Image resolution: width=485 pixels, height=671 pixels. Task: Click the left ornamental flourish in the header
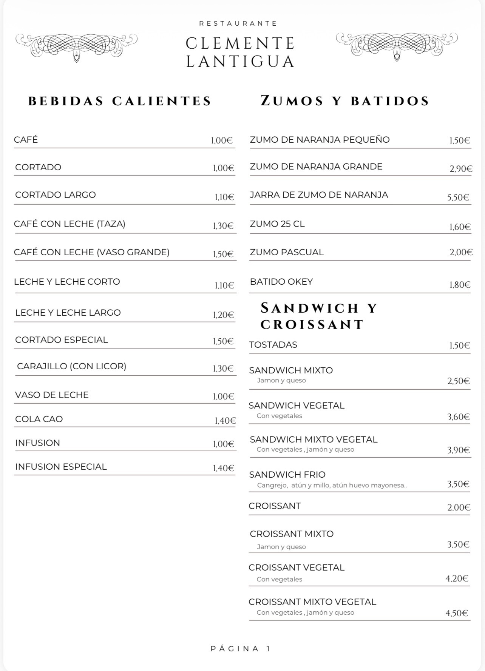[x=76, y=46]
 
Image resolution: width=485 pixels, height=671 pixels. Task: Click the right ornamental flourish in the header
[x=397, y=45]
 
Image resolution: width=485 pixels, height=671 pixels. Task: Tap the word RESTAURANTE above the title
[x=238, y=23]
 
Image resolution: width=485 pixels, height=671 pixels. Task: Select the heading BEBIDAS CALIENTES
[x=120, y=101]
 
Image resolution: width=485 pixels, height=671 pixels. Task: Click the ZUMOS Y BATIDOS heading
[x=345, y=101]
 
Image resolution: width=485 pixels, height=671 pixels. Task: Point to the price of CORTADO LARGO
[x=224, y=197]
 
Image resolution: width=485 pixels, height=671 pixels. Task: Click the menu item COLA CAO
[x=39, y=419]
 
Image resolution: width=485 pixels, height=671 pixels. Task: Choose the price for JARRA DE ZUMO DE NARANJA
[x=458, y=197]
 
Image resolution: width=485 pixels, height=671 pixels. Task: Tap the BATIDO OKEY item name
[x=281, y=282]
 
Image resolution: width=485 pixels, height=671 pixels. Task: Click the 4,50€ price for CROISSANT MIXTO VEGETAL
[x=457, y=613]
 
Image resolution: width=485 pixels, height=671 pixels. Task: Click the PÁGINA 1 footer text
[x=241, y=649]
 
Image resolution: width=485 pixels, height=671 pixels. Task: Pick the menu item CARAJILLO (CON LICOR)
[x=72, y=366]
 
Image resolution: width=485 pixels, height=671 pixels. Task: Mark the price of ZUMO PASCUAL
[x=461, y=252]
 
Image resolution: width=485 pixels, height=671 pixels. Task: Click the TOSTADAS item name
[x=273, y=345]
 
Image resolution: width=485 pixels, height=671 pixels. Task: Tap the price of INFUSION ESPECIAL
[x=223, y=468]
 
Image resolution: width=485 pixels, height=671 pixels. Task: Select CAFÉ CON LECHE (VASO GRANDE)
[x=92, y=252]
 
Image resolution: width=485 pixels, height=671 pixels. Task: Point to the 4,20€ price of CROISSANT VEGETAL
[x=457, y=578]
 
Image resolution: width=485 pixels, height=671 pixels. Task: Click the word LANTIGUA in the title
[x=241, y=62]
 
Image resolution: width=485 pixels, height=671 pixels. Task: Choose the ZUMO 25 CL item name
[x=277, y=224]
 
